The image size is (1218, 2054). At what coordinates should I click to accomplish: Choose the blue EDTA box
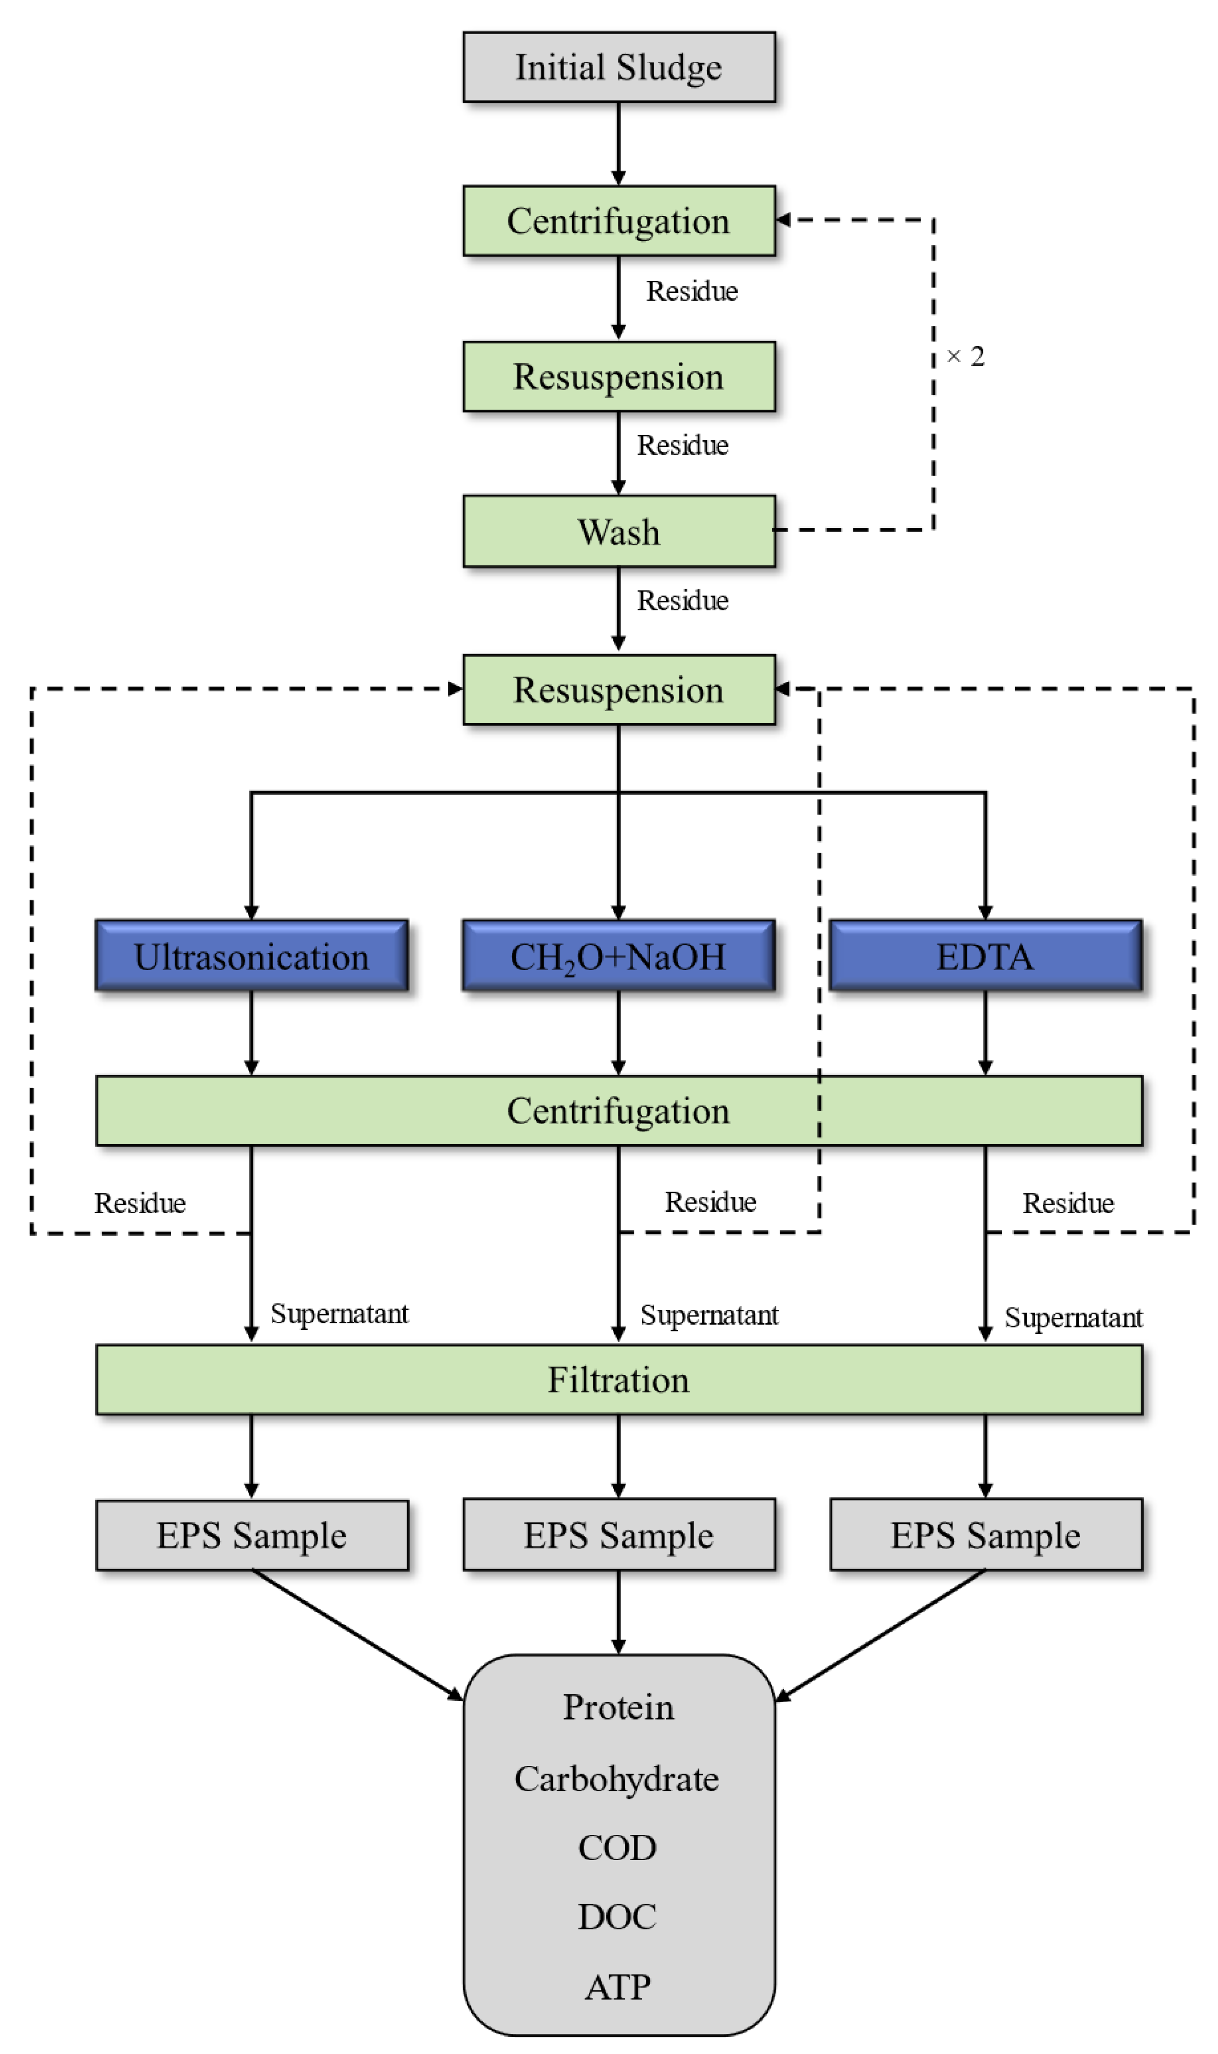pos(985,956)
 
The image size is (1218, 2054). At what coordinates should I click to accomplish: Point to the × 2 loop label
pos(965,356)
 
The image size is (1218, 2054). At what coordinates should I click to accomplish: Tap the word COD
pos(617,1848)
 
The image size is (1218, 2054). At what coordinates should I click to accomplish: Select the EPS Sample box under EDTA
pos(985,1535)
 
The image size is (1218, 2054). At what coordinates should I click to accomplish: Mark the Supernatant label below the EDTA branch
pos(1073,1317)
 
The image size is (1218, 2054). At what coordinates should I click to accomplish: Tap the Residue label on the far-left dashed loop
pos(140,1204)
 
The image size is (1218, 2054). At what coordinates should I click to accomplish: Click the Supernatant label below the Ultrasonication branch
pos(339,1314)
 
